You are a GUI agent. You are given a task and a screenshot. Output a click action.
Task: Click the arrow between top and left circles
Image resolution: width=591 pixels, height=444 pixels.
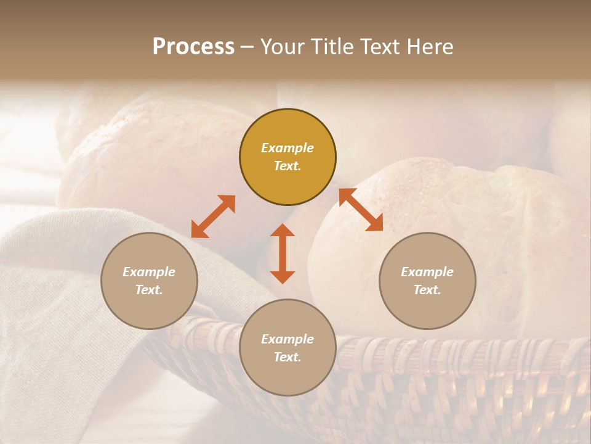213,216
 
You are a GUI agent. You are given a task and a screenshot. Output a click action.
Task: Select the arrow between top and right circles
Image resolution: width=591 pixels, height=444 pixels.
361,210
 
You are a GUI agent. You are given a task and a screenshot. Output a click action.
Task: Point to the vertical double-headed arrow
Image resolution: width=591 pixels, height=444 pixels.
283,253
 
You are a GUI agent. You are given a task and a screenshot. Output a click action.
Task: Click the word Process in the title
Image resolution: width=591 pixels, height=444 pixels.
193,46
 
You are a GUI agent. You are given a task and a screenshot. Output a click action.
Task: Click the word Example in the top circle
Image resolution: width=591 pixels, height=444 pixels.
287,148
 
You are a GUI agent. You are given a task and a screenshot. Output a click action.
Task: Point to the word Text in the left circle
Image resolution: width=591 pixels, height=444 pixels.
149,290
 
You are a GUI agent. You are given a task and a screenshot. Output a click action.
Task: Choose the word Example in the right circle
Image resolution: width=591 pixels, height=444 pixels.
427,272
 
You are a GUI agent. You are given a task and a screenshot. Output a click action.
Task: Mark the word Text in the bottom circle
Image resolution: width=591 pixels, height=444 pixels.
287,357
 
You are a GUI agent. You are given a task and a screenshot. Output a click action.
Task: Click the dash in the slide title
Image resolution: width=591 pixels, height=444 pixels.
247,47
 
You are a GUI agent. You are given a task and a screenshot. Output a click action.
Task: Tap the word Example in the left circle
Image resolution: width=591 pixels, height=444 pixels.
149,272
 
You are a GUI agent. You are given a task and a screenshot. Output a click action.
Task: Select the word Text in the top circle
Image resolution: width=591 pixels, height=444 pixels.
287,166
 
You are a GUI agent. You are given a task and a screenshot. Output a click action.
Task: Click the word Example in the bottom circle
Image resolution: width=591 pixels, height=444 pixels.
287,339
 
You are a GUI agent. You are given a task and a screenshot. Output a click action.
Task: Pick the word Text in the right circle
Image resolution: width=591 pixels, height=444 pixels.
427,290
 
